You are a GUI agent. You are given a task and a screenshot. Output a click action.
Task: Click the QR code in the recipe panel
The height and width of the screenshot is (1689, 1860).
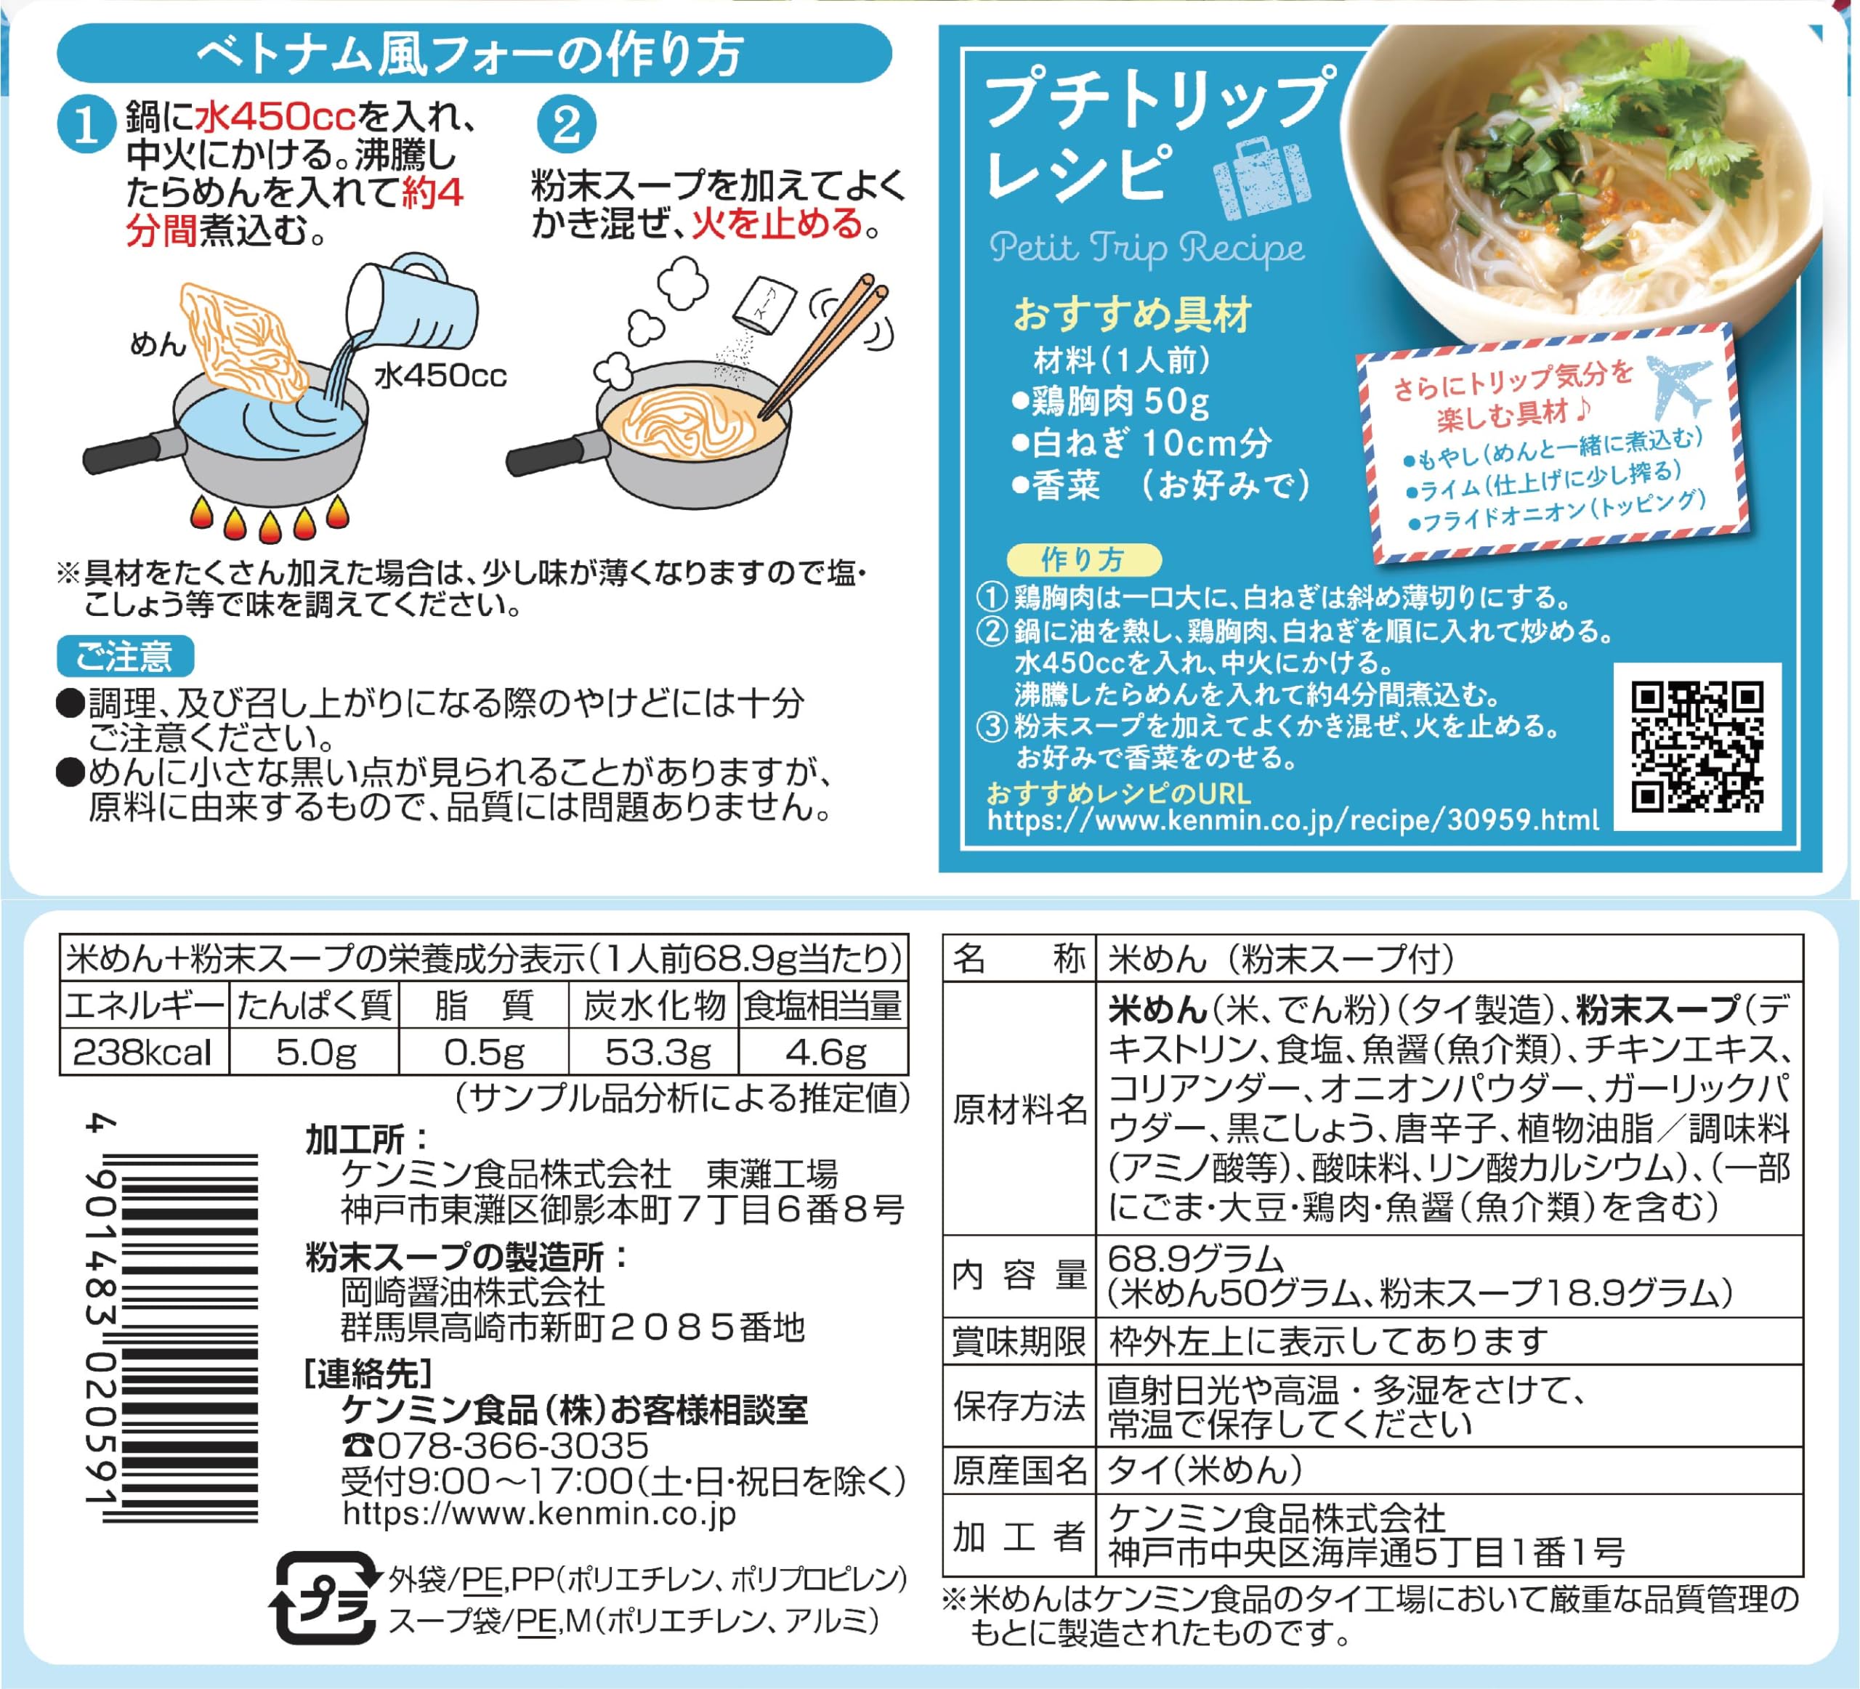click(x=1697, y=748)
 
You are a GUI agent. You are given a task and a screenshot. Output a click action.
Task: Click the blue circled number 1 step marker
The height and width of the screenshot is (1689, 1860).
click(x=86, y=123)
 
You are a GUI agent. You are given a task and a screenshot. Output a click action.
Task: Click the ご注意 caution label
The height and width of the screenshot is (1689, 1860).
click(x=126, y=657)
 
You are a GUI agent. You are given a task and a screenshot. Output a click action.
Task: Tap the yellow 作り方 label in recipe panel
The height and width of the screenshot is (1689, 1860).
click(x=1083, y=559)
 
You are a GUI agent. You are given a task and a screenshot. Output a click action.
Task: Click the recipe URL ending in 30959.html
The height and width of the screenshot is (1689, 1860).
click(x=1293, y=820)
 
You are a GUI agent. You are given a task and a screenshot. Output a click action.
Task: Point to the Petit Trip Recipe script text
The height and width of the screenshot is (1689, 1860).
click(x=1147, y=247)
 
